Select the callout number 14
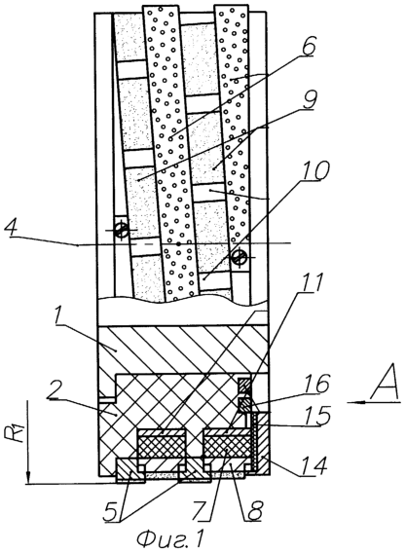pyautogui.click(x=314, y=465)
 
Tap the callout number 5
pyautogui.click(x=113, y=512)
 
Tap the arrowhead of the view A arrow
pyautogui.click(x=352, y=402)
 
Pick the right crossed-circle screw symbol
pyautogui.click(x=240, y=257)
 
